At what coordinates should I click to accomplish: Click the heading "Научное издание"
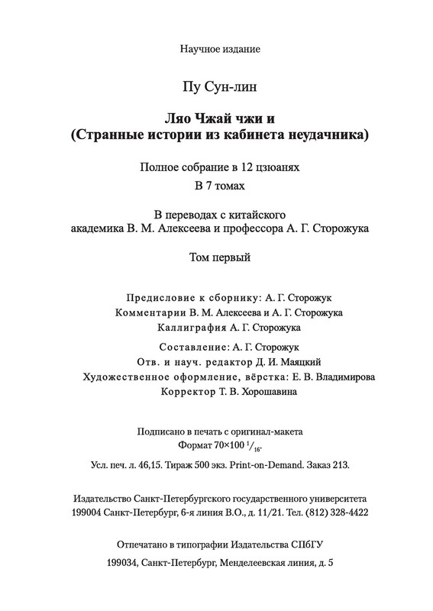221,50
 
